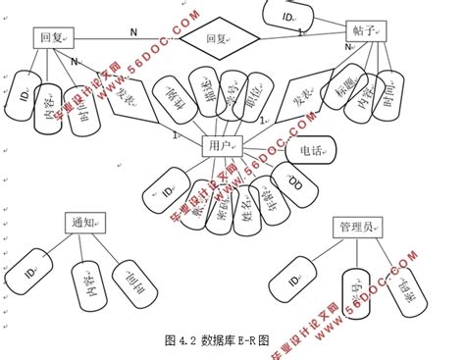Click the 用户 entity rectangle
tap(222, 146)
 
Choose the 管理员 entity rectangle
tap(355, 228)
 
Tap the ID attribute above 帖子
tap(287, 17)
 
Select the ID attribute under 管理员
tap(295, 282)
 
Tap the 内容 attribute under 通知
tap(85, 285)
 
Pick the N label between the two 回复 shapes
tap(133, 32)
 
